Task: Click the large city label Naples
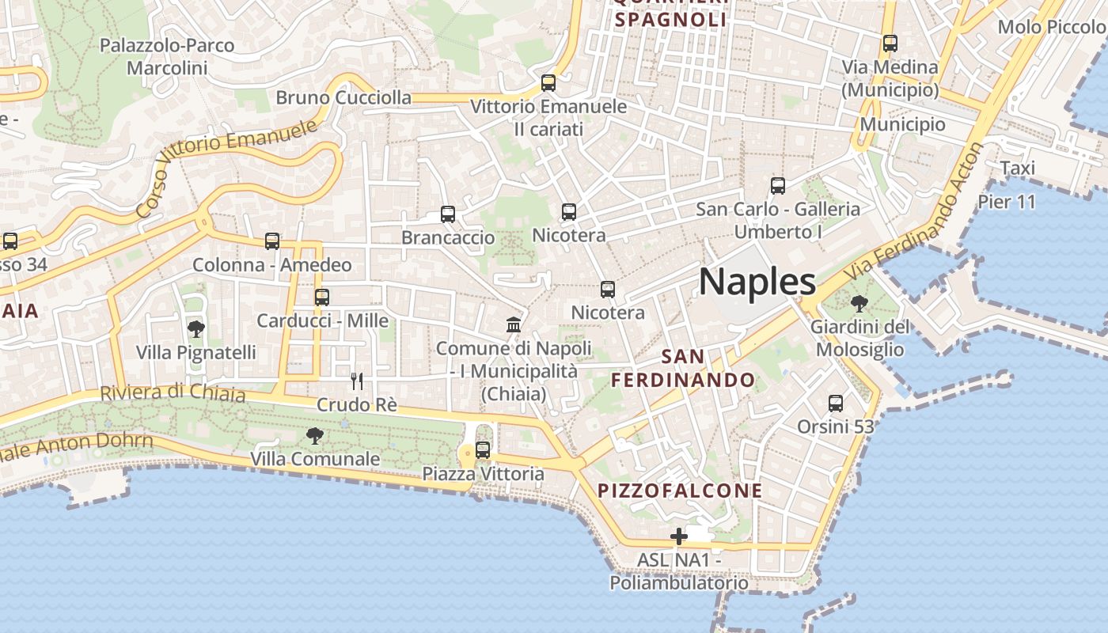757,282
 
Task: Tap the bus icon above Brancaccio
448,214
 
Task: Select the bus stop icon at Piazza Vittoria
482,450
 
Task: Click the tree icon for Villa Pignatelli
196,329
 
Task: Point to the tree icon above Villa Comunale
315,435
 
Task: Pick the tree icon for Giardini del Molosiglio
859,303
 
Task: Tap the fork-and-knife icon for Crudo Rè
357,381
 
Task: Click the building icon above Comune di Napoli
514,324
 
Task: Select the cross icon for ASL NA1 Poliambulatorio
678,537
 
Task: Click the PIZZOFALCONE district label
680,491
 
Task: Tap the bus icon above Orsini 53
835,404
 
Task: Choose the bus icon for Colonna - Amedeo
272,241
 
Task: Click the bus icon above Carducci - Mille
321,298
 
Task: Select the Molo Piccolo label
1052,27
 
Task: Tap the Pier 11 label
1006,202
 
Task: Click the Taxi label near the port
1017,168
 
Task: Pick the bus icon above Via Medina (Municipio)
890,44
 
